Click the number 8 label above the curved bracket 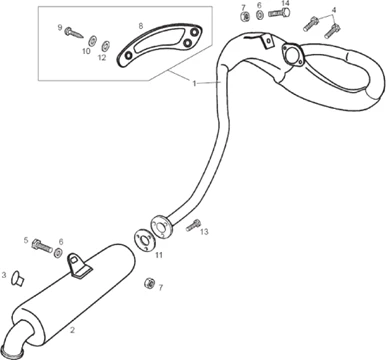coord(141,26)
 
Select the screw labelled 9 coord(74,32)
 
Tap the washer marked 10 coord(92,41)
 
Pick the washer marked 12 coord(105,46)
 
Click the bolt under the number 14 coord(279,13)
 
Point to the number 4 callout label coord(334,10)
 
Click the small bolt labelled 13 coord(193,226)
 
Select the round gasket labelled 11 coord(143,239)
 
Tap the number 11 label coord(159,255)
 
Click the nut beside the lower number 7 coord(149,283)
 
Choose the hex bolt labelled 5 coord(42,246)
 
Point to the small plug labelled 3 coord(17,278)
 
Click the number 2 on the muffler coord(72,330)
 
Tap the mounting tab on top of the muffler coord(77,265)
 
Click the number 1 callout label coord(194,83)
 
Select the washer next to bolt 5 coord(58,253)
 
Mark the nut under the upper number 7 coord(245,16)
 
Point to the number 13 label coord(204,231)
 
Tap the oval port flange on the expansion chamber coord(293,54)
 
